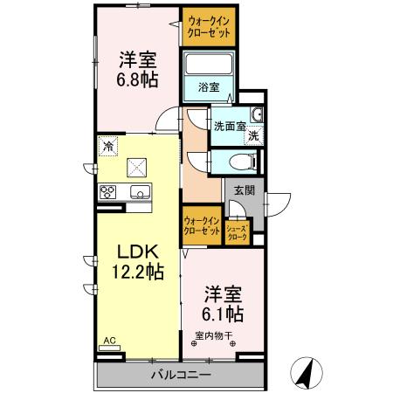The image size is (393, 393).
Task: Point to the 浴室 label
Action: (207, 87)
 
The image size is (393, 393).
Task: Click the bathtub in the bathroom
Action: (207, 65)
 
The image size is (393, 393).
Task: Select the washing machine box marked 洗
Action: (252, 135)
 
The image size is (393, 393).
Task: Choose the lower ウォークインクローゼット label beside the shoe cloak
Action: (202, 226)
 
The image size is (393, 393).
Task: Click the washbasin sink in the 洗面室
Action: (257, 115)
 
